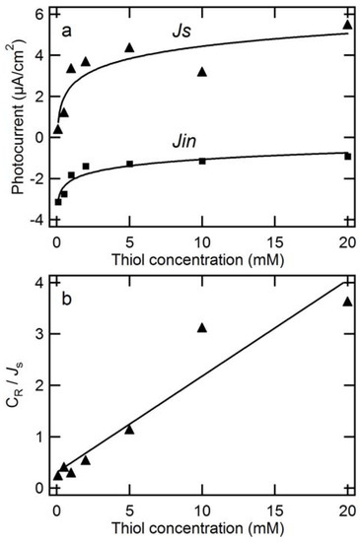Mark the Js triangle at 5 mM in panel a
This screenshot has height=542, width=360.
click(x=129, y=47)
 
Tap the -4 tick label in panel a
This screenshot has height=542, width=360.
click(x=36, y=219)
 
